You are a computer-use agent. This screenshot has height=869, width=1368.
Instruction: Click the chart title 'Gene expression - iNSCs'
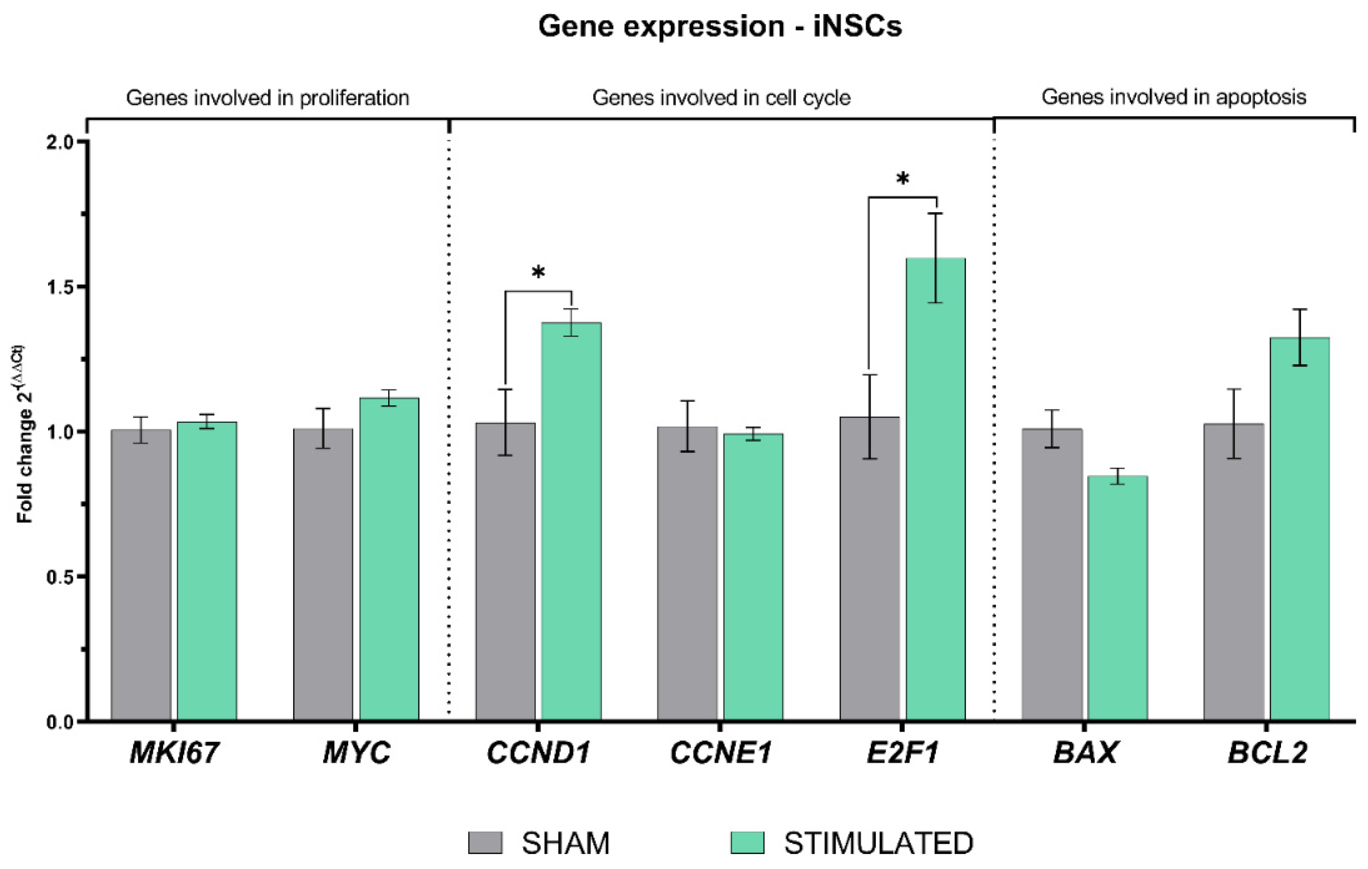(x=720, y=27)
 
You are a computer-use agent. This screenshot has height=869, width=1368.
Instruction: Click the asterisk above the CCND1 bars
(x=538, y=273)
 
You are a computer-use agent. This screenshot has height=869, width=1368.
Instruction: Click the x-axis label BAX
(x=1085, y=753)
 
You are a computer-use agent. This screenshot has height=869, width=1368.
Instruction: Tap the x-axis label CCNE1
(x=720, y=753)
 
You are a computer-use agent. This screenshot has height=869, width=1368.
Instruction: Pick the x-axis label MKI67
(x=174, y=753)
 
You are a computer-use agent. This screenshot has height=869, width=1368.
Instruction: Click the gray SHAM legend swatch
(x=485, y=843)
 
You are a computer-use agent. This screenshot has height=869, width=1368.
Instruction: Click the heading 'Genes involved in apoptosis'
(x=1174, y=97)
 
